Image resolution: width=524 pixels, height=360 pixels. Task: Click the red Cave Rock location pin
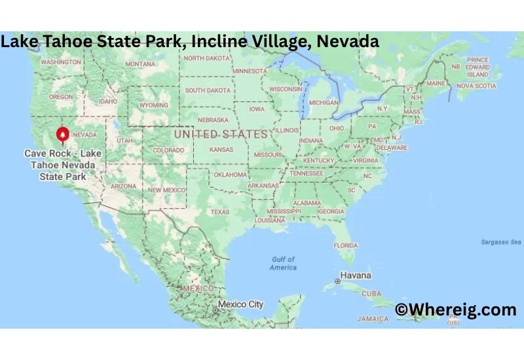(62, 134)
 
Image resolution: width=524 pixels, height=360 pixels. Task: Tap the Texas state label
(220, 212)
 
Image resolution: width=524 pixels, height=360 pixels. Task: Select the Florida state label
(345, 245)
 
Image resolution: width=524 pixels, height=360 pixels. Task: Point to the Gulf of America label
(283, 263)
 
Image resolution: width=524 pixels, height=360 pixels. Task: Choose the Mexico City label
(240, 304)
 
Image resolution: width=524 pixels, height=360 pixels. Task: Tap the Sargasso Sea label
(499, 242)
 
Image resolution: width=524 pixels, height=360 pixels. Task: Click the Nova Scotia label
(476, 86)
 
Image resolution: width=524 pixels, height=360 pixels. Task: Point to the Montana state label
(140, 64)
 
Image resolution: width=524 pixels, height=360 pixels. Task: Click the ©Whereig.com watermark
(455, 310)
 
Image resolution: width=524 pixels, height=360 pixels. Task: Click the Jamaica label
(373, 318)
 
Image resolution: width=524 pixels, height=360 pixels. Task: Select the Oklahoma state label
(230, 175)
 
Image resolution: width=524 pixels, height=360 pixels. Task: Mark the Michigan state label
(324, 103)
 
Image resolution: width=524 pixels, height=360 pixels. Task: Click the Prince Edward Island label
(478, 67)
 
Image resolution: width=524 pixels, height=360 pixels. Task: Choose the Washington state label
(60, 62)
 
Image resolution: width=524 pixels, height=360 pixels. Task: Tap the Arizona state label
(124, 186)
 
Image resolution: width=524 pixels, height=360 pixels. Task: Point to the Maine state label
(436, 84)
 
